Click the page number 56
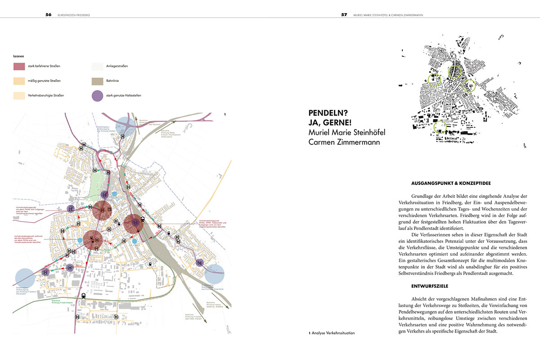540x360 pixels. pyautogui.click(x=48, y=14)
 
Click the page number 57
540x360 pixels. pyautogui.click(x=344, y=14)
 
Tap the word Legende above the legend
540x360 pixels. pyautogui.click(x=18, y=57)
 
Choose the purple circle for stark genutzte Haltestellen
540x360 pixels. pyautogui.click(x=98, y=95)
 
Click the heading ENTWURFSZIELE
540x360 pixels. pyautogui.click(x=429, y=286)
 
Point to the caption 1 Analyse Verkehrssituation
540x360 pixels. pyautogui.click(x=332, y=333)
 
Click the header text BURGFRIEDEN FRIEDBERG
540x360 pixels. pyautogui.click(x=74, y=14)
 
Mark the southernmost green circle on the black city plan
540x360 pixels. pyautogui.click(x=440, y=127)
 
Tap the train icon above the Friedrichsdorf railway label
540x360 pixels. pyautogui.click(x=84, y=297)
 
